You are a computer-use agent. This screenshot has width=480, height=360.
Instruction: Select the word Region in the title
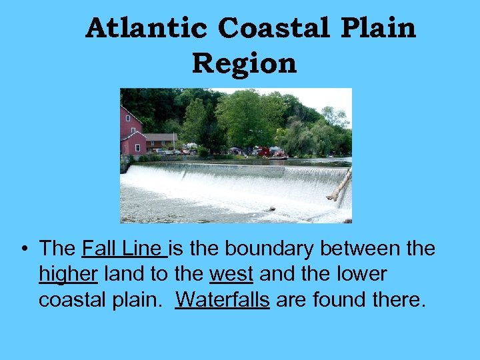[244, 63]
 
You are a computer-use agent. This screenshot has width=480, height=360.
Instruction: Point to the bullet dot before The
[23, 249]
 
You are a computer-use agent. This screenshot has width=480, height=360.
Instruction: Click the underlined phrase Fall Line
[124, 249]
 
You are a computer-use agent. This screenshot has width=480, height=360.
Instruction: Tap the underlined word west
[231, 274]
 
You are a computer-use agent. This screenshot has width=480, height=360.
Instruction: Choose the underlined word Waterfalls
[222, 299]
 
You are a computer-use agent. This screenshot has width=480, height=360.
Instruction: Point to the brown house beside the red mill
[161, 141]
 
